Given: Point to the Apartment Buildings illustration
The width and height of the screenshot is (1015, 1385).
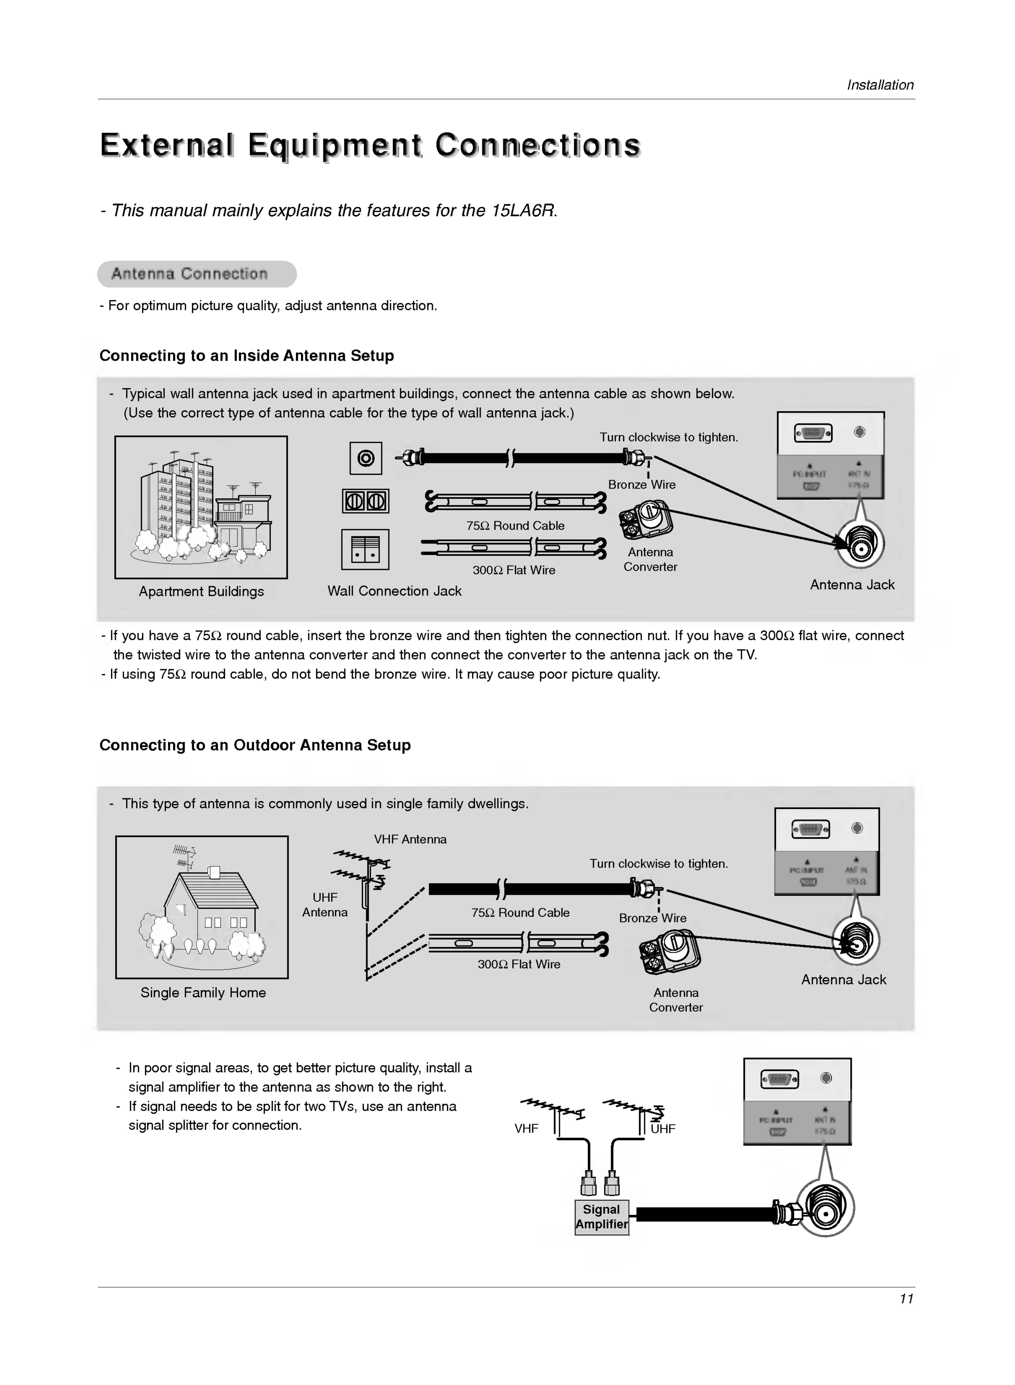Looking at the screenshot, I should tap(201, 507).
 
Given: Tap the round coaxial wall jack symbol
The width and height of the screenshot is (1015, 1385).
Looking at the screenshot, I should tap(366, 458).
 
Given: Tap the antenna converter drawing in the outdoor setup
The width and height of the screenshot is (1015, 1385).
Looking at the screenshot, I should tap(670, 951).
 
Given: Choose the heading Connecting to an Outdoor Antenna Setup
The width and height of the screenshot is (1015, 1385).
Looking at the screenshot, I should tap(255, 745).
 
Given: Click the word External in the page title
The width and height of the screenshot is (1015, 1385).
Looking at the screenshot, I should tap(167, 145).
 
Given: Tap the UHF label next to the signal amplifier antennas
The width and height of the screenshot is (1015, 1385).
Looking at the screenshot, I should tap(663, 1128).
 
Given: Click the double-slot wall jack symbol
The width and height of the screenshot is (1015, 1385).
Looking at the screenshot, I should tap(366, 501).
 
